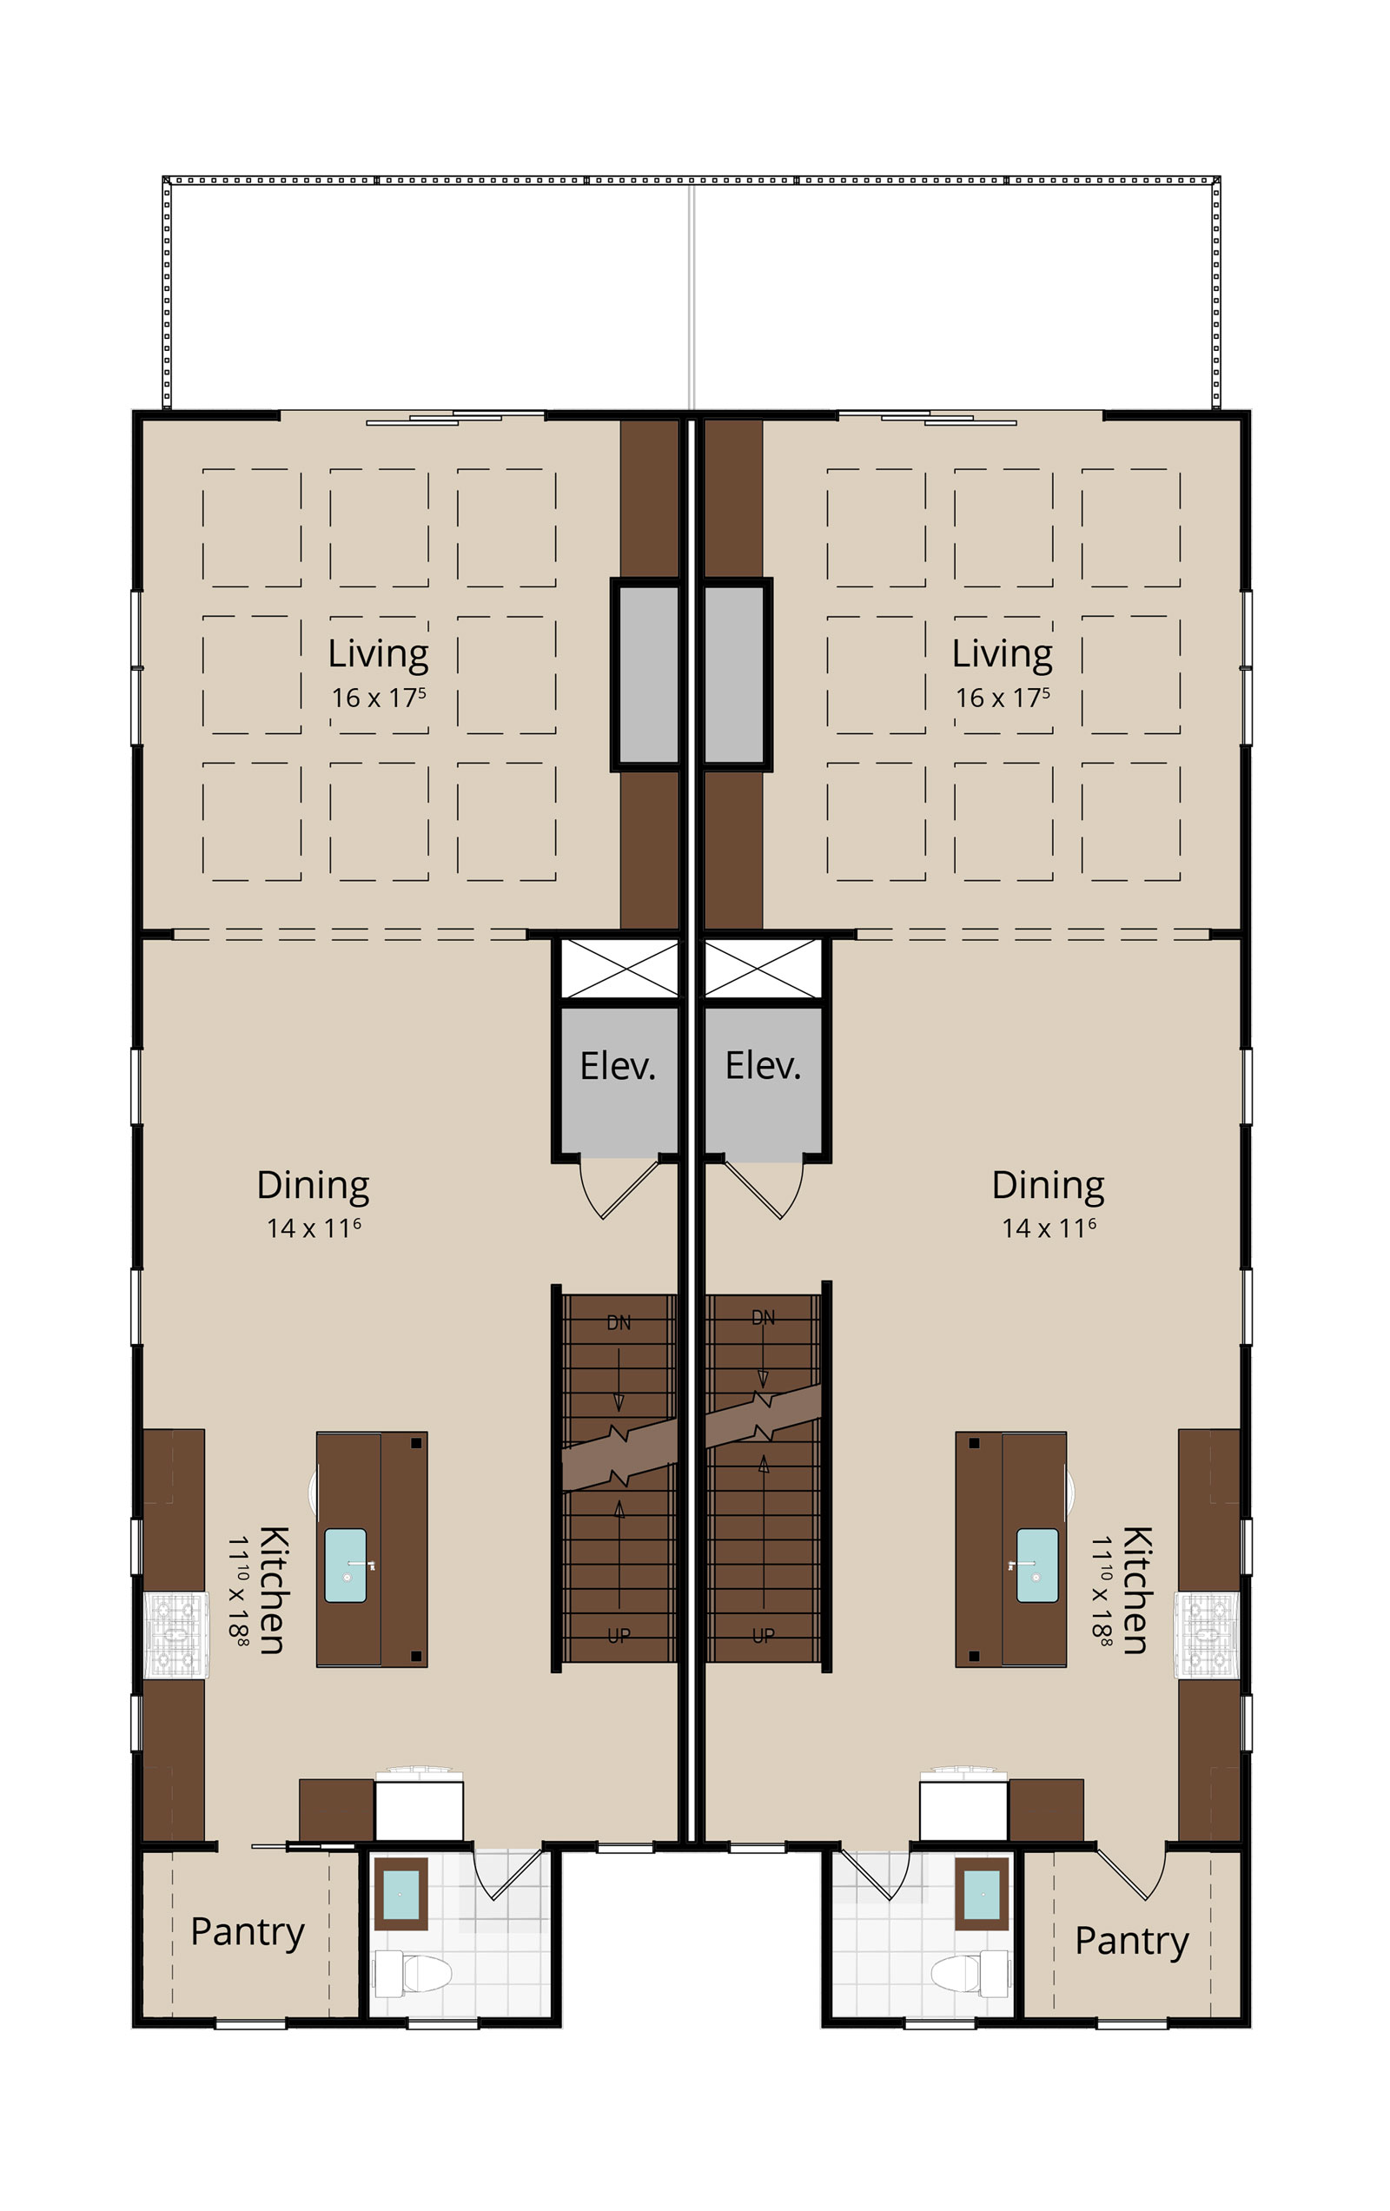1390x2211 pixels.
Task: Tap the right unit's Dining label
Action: pos(1048,1187)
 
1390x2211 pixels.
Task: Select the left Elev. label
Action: pos(618,1066)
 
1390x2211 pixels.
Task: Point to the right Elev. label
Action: pos(763,1066)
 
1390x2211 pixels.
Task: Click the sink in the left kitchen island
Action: pos(346,1566)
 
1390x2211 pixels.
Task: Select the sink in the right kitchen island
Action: pos(1037,1566)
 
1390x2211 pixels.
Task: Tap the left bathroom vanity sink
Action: pos(401,1894)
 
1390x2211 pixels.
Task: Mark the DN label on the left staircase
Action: pos(619,1323)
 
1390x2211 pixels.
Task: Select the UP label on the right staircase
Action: pos(763,1635)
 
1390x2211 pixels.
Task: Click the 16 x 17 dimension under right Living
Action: pos(1002,698)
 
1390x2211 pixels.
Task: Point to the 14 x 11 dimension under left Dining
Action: pos(313,1228)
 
